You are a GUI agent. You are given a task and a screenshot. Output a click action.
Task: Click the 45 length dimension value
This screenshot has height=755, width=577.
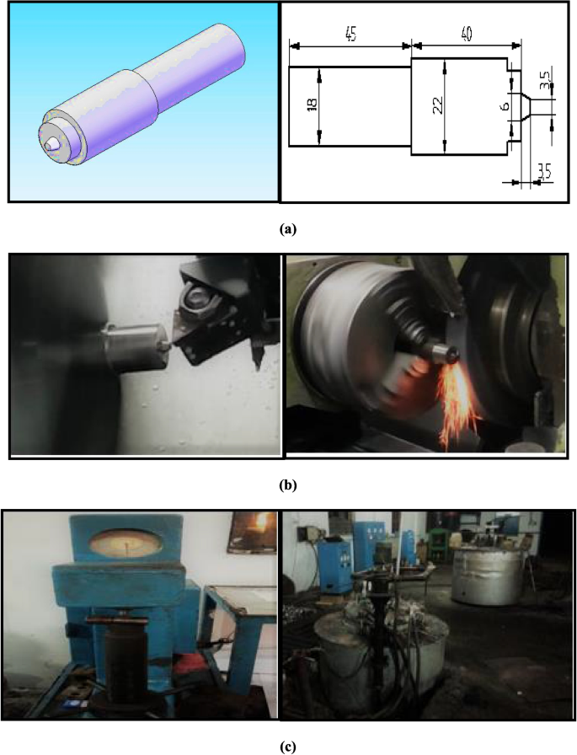(x=350, y=35)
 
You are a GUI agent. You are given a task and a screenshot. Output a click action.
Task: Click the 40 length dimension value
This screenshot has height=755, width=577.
(x=467, y=34)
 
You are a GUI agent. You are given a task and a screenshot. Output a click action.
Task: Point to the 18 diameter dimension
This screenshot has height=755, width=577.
(x=312, y=104)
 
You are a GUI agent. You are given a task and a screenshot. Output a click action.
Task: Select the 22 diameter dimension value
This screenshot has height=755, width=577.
(x=438, y=105)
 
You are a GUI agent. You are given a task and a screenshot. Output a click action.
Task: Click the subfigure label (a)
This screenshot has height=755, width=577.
(x=288, y=228)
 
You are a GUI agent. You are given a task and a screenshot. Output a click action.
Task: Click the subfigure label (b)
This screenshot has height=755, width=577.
(x=288, y=485)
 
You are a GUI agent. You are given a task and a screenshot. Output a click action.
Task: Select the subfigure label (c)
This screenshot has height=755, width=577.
(x=288, y=747)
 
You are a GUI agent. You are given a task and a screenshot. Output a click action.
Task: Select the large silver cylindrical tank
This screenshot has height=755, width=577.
(x=487, y=575)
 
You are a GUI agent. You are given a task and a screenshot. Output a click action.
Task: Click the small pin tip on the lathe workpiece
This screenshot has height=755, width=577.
(x=166, y=345)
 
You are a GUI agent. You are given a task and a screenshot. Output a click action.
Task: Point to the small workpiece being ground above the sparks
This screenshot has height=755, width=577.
(x=444, y=355)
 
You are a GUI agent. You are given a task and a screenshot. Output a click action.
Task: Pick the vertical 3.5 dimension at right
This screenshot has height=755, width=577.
(x=544, y=79)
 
